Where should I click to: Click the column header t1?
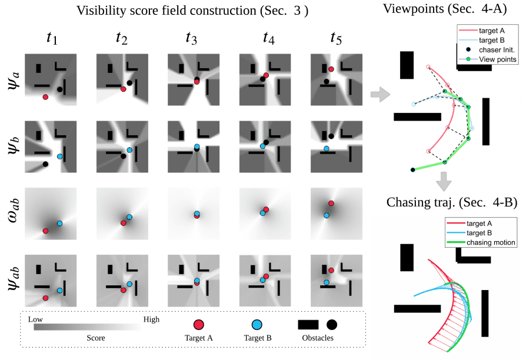pos(52,38)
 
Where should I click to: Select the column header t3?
pos(191,38)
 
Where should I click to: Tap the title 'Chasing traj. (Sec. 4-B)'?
pos(452,203)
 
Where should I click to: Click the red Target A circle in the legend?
pos(199,325)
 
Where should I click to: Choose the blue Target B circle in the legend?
pos(257,325)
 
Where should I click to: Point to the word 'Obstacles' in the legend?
pos(317,338)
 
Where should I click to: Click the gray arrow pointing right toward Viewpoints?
pos(380,94)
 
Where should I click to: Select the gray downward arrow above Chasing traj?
pos(445,179)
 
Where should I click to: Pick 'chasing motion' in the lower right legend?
pos(492,242)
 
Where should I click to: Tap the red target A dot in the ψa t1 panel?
pos(45,97)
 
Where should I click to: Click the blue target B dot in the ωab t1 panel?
pos(59,224)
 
